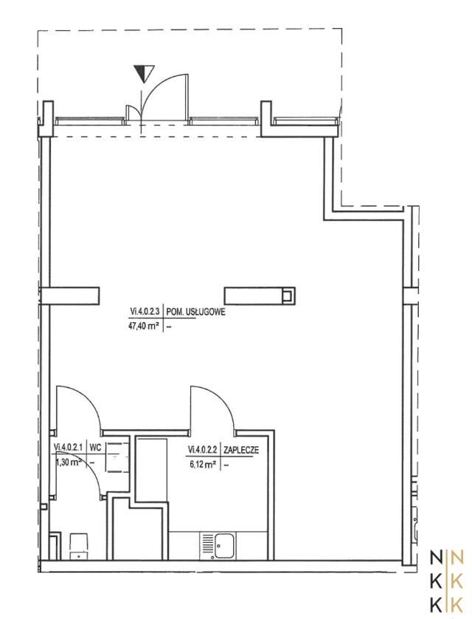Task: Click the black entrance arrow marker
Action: tap(144, 73)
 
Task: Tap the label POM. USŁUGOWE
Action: tap(196, 312)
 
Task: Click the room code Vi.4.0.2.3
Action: tap(145, 312)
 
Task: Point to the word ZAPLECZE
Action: tap(241, 450)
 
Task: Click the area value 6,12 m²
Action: tap(203, 465)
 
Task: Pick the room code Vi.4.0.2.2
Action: tap(203, 450)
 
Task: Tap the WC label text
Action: tap(94, 448)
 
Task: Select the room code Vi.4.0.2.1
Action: tap(68, 448)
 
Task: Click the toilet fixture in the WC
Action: tap(79, 546)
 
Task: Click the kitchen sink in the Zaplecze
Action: tap(218, 545)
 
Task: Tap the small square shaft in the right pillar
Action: tap(288, 295)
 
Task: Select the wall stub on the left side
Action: tap(70, 295)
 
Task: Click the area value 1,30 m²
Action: tap(68, 462)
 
